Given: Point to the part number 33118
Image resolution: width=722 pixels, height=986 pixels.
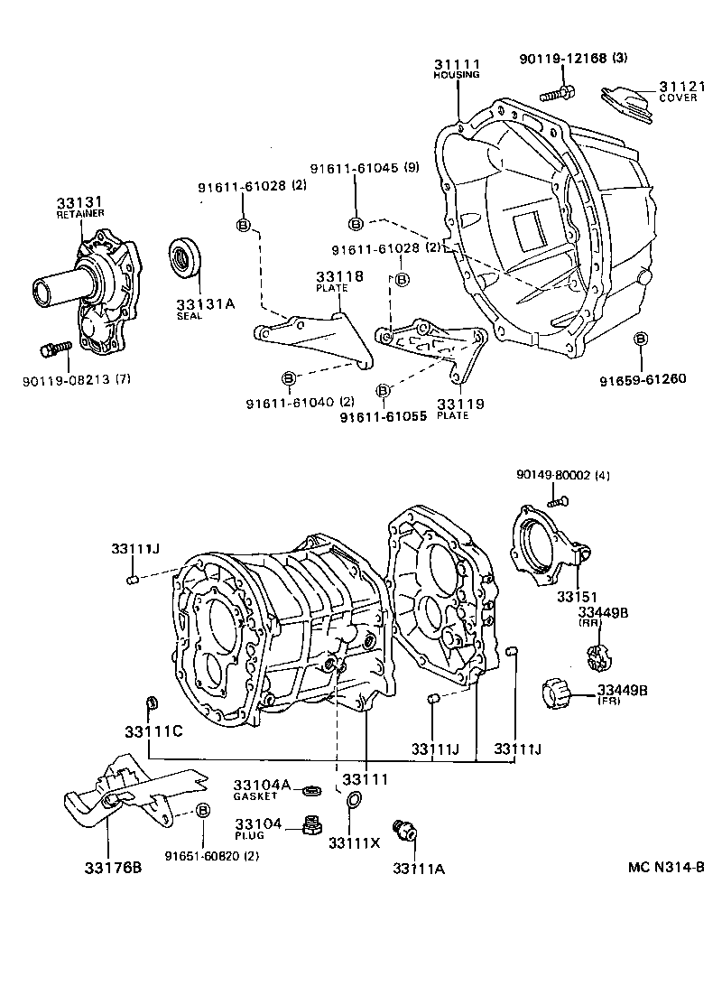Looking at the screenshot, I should click(338, 276).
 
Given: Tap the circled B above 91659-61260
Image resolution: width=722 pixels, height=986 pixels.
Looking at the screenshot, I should click(641, 339).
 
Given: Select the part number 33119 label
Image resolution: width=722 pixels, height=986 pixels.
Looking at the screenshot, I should click(460, 404).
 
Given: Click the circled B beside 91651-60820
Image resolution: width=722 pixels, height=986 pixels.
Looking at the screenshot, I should click(202, 811).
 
